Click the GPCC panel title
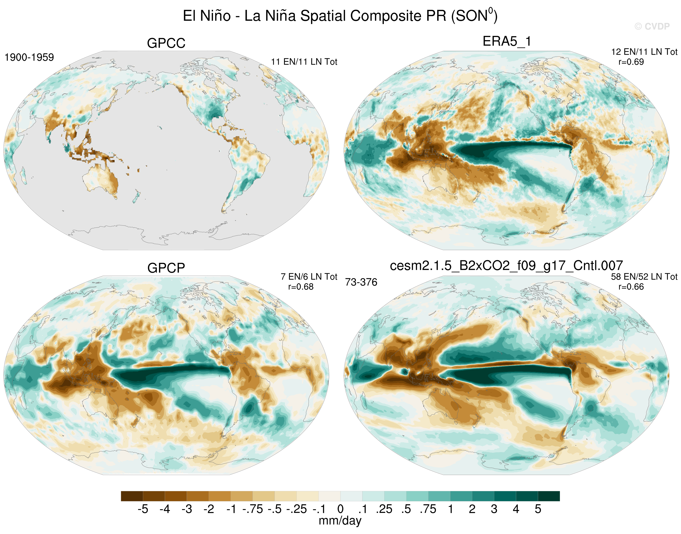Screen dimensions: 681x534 (x=166, y=43)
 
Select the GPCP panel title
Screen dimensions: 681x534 (x=166, y=268)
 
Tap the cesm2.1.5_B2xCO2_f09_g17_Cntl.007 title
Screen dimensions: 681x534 (x=506, y=266)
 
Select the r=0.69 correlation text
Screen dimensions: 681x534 (x=631, y=62)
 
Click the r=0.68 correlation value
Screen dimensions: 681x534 (x=301, y=287)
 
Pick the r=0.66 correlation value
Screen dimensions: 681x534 (x=631, y=287)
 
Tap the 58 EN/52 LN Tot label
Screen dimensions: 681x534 (x=644, y=277)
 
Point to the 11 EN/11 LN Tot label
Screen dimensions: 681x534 (x=304, y=62)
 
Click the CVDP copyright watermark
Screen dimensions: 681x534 (x=652, y=27)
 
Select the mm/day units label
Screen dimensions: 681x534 (x=340, y=521)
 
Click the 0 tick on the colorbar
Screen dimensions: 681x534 (x=340, y=509)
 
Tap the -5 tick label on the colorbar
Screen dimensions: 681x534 (x=143, y=509)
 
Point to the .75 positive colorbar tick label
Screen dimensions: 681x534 (x=428, y=509)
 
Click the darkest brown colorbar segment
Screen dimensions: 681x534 (x=132, y=496)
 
